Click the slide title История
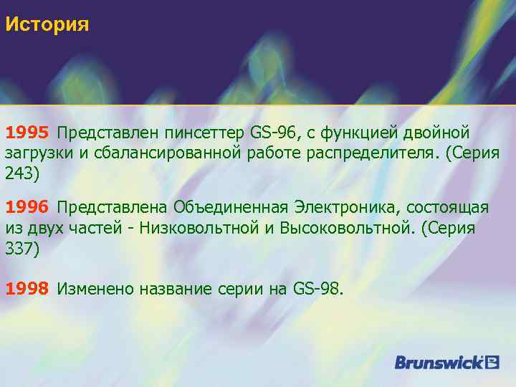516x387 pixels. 47,25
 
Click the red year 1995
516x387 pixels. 27,133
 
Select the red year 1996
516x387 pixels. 27,207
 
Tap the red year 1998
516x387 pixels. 27,289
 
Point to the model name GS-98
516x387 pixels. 317,289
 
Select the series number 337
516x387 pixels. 18,248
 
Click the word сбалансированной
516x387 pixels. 182,153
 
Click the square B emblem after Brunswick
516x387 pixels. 492,361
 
